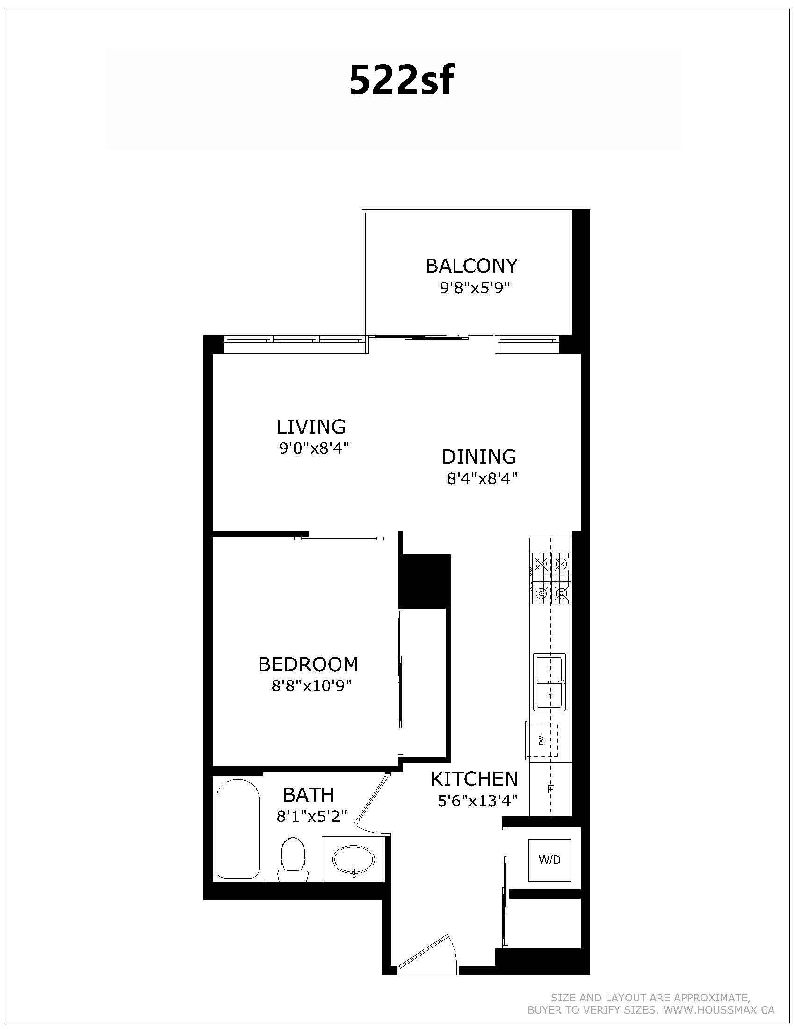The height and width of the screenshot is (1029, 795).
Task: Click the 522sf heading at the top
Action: [x=401, y=80]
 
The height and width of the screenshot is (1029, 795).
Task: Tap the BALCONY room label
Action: [x=471, y=266]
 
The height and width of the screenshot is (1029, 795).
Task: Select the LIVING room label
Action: [x=311, y=427]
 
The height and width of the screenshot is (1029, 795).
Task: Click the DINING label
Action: [x=479, y=457]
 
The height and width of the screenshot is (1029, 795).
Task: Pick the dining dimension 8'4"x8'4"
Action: [x=482, y=478]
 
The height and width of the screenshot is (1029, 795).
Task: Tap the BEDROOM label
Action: [x=309, y=664]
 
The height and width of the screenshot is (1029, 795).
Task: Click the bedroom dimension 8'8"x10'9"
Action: [x=312, y=686]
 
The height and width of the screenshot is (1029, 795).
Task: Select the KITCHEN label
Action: [x=474, y=779]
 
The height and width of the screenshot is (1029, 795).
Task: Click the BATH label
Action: [x=309, y=795]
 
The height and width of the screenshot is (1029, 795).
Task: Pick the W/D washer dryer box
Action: [x=549, y=860]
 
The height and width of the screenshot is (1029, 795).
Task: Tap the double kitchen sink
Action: [x=549, y=682]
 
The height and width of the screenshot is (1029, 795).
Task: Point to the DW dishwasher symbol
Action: [x=542, y=740]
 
